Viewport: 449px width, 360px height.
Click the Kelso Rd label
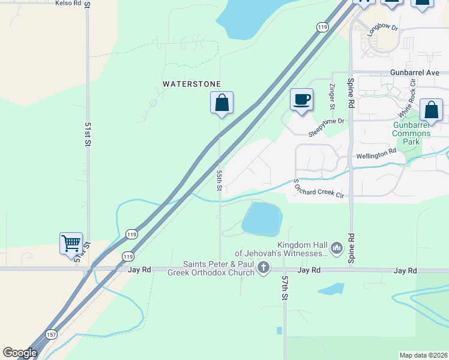click(x=68, y=3)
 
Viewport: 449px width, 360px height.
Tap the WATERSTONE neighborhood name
click(x=192, y=84)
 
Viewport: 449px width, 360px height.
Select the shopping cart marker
click(x=71, y=243)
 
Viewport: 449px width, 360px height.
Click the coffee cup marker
click(x=301, y=98)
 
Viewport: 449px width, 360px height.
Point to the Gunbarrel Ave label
click(x=415, y=72)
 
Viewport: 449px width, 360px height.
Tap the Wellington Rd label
click(x=376, y=154)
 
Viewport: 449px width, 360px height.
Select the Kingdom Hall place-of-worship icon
click(x=336, y=247)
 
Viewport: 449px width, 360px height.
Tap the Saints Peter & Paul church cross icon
click(x=263, y=269)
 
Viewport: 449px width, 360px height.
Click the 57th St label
click(x=285, y=288)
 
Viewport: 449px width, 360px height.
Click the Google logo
click(x=20, y=353)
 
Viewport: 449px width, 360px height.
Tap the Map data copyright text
click(x=423, y=355)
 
